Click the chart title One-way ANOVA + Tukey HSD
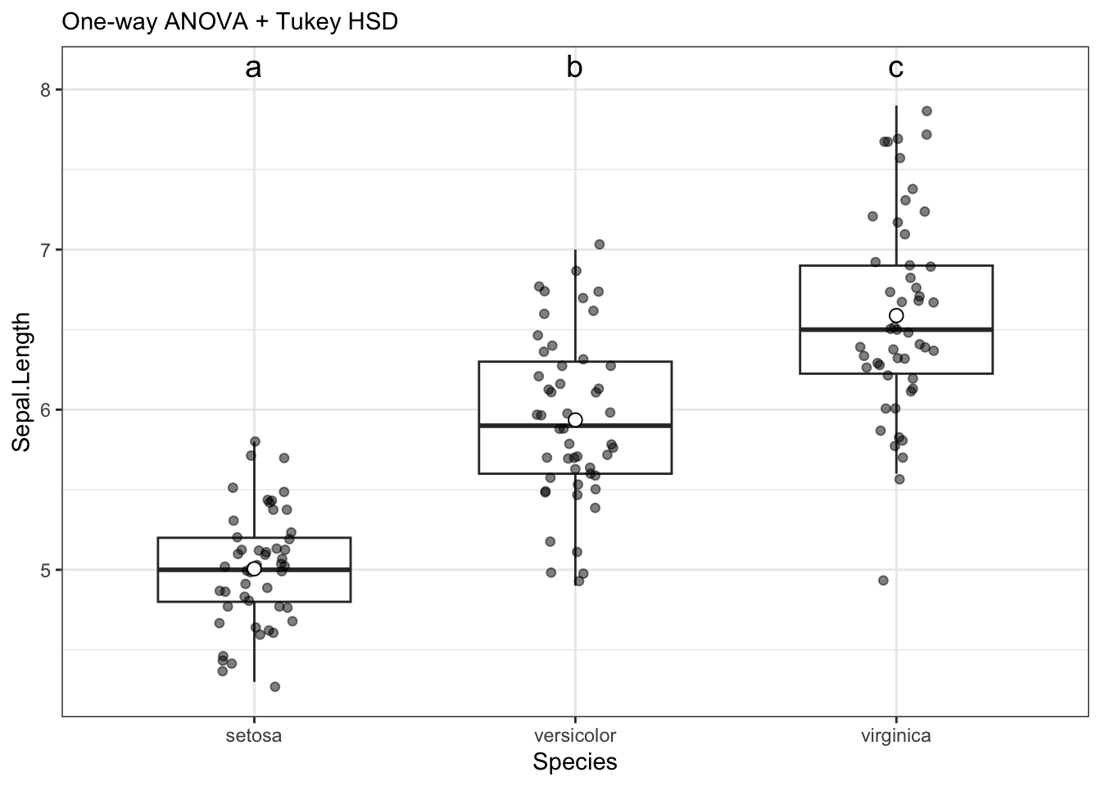click(229, 22)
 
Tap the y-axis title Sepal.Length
click(22, 382)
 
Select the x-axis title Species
click(574, 762)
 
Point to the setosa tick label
click(254, 735)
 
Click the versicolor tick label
click(574, 735)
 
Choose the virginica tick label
click(895, 735)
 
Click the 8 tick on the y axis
click(46, 90)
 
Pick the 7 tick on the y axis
click(46, 250)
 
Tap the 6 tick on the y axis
click(46, 409)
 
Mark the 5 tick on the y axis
click(46, 570)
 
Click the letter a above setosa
click(254, 68)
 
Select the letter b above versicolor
click(574, 68)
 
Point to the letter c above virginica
click(895, 68)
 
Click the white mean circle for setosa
click(254, 569)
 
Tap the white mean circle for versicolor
click(575, 420)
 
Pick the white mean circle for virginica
click(896, 315)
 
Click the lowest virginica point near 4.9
click(883, 580)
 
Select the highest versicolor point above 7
click(599, 244)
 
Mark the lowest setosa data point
click(275, 686)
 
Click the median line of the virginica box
click(942, 329)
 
